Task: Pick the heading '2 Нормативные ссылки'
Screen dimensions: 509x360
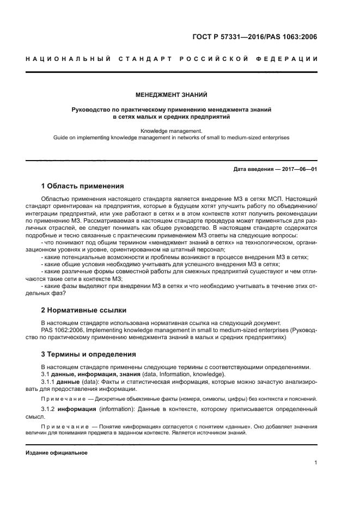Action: [x=84, y=310]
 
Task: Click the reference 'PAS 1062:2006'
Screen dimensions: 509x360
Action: [x=61, y=330]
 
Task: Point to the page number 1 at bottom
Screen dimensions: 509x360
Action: [x=316, y=463]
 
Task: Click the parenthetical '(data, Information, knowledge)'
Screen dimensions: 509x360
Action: [x=181, y=374]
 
